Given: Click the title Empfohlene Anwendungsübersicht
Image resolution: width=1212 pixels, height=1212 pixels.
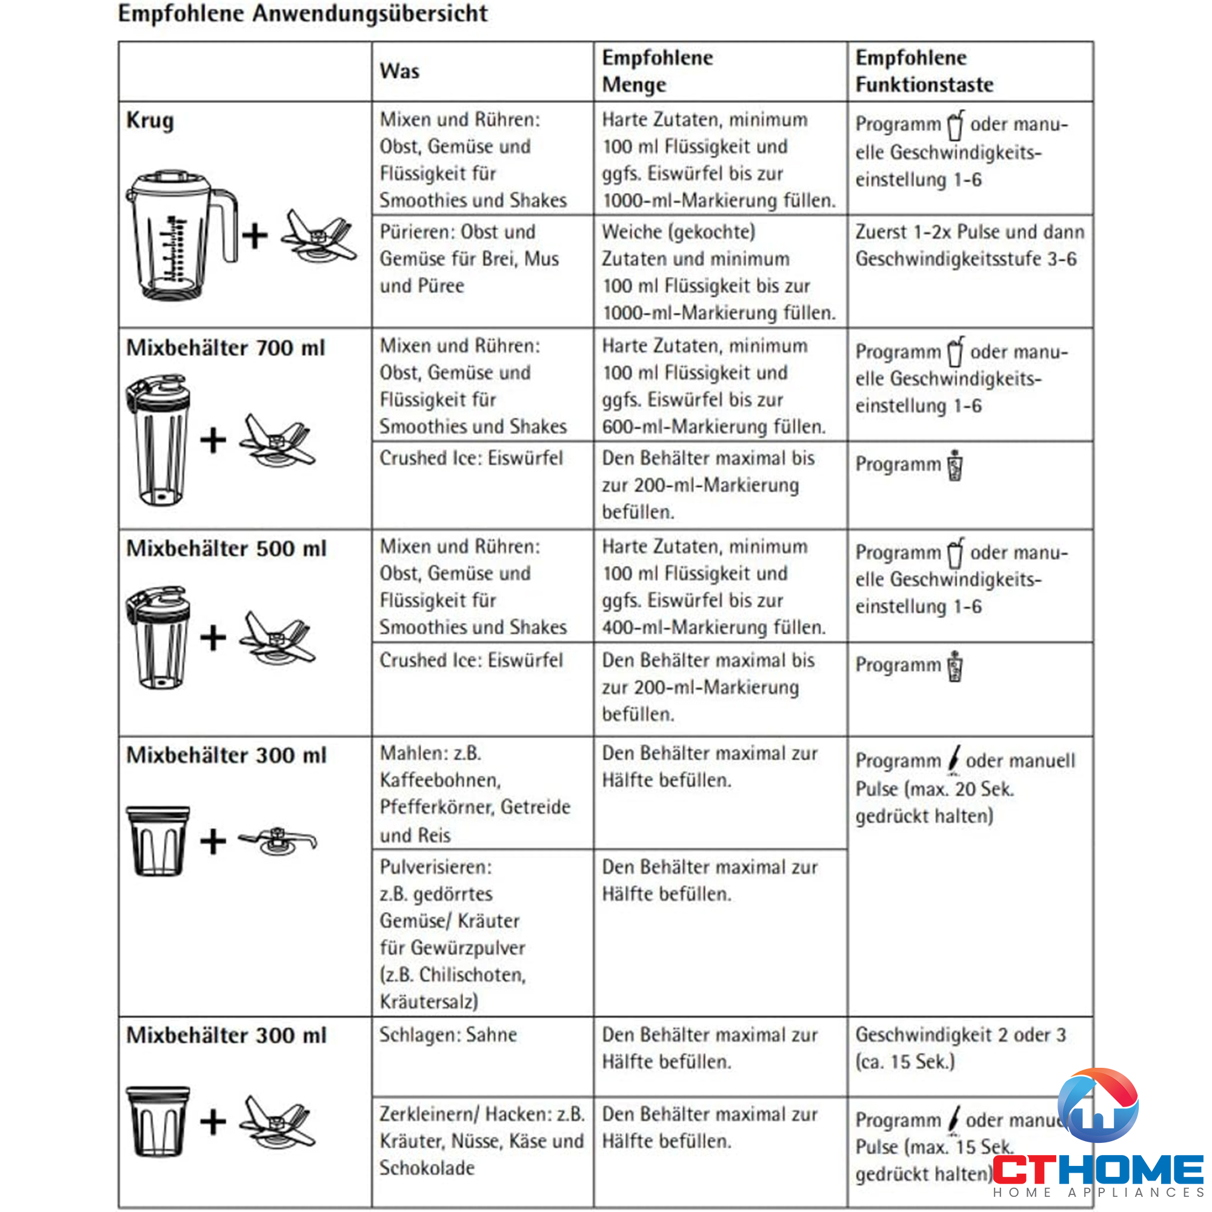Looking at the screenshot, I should pos(302,14).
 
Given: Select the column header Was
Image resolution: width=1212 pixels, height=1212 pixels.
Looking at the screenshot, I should pos(399,71).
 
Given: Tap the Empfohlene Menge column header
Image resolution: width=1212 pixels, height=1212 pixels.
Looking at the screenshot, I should pos(658,71).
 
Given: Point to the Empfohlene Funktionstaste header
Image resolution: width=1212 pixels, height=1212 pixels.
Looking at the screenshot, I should pos(924,71).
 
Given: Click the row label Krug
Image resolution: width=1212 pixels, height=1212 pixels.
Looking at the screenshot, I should pos(150,120).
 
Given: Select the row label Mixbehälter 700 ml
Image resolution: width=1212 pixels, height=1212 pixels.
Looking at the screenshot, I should pos(226,347).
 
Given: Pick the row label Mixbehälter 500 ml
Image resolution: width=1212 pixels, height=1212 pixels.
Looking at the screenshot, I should pos(227,548).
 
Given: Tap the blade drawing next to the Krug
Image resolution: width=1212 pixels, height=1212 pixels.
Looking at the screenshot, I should pos(318,237).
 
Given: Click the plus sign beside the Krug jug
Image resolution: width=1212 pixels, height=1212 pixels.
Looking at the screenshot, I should pos(255,236).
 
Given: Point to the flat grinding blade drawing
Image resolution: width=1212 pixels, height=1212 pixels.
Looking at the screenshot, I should pos(278,841).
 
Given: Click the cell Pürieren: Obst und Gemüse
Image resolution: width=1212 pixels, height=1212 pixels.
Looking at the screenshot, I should pos(469,259).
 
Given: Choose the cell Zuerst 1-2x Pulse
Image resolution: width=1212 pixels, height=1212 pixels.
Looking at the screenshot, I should pos(969,245).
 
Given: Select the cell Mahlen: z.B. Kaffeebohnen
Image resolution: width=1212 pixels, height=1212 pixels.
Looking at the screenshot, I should pos(475,794).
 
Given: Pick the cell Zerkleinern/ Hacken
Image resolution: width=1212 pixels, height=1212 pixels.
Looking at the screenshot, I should pos(481,1140).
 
